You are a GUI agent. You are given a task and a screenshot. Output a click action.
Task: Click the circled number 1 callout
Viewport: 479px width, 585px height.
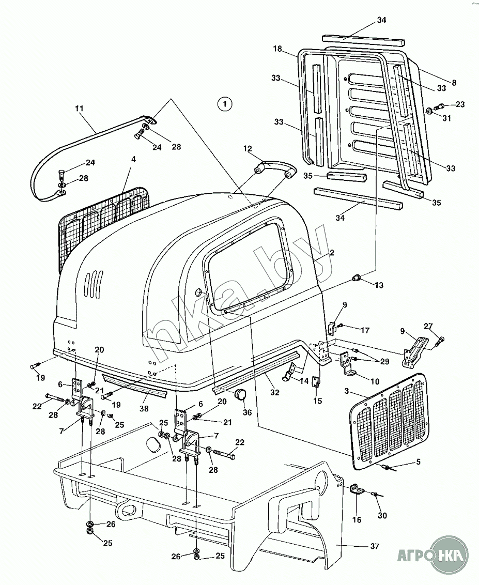click(x=224, y=104)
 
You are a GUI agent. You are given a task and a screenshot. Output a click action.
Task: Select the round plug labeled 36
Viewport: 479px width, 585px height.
click(x=240, y=394)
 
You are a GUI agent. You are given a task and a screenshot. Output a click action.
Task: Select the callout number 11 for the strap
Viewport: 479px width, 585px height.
click(x=79, y=109)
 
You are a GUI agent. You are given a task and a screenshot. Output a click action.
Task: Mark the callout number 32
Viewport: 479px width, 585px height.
click(x=275, y=392)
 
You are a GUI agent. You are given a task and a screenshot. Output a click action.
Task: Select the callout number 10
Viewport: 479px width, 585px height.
click(x=375, y=381)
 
